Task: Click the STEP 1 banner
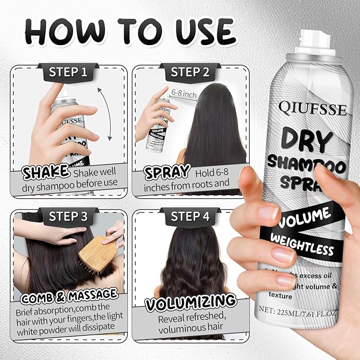click(68, 72)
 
